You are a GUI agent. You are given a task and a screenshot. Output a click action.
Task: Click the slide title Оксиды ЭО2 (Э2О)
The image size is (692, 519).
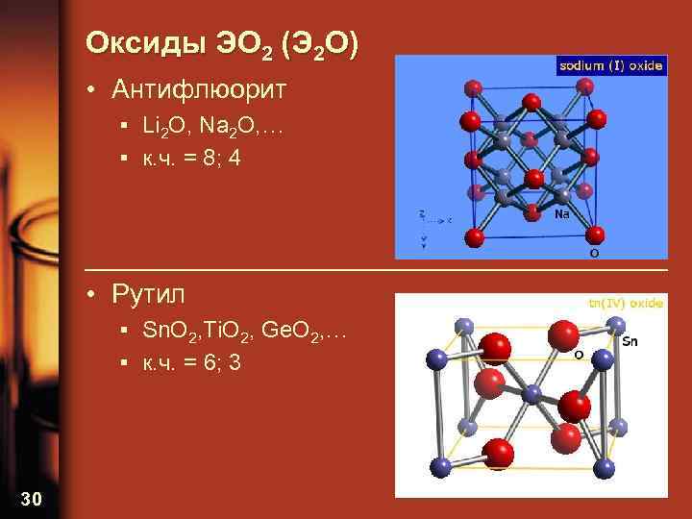(x=222, y=44)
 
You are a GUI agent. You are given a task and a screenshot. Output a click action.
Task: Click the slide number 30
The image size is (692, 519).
(x=31, y=497)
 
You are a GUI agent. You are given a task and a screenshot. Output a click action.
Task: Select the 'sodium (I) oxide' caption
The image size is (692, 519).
(x=611, y=65)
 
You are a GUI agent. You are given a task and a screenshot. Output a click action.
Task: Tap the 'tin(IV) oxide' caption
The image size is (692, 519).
(x=625, y=303)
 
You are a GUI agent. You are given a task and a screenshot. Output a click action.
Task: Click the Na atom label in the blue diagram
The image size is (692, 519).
(x=563, y=214)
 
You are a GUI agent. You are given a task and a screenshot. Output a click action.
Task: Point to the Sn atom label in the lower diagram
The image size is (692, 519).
(x=630, y=340)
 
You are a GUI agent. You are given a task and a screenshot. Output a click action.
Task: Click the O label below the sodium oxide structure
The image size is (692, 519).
(x=594, y=253)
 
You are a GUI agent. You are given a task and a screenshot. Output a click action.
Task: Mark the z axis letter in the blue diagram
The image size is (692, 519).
(x=420, y=213)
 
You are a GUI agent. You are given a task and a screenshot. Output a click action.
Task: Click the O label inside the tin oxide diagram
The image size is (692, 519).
(x=579, y=355)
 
